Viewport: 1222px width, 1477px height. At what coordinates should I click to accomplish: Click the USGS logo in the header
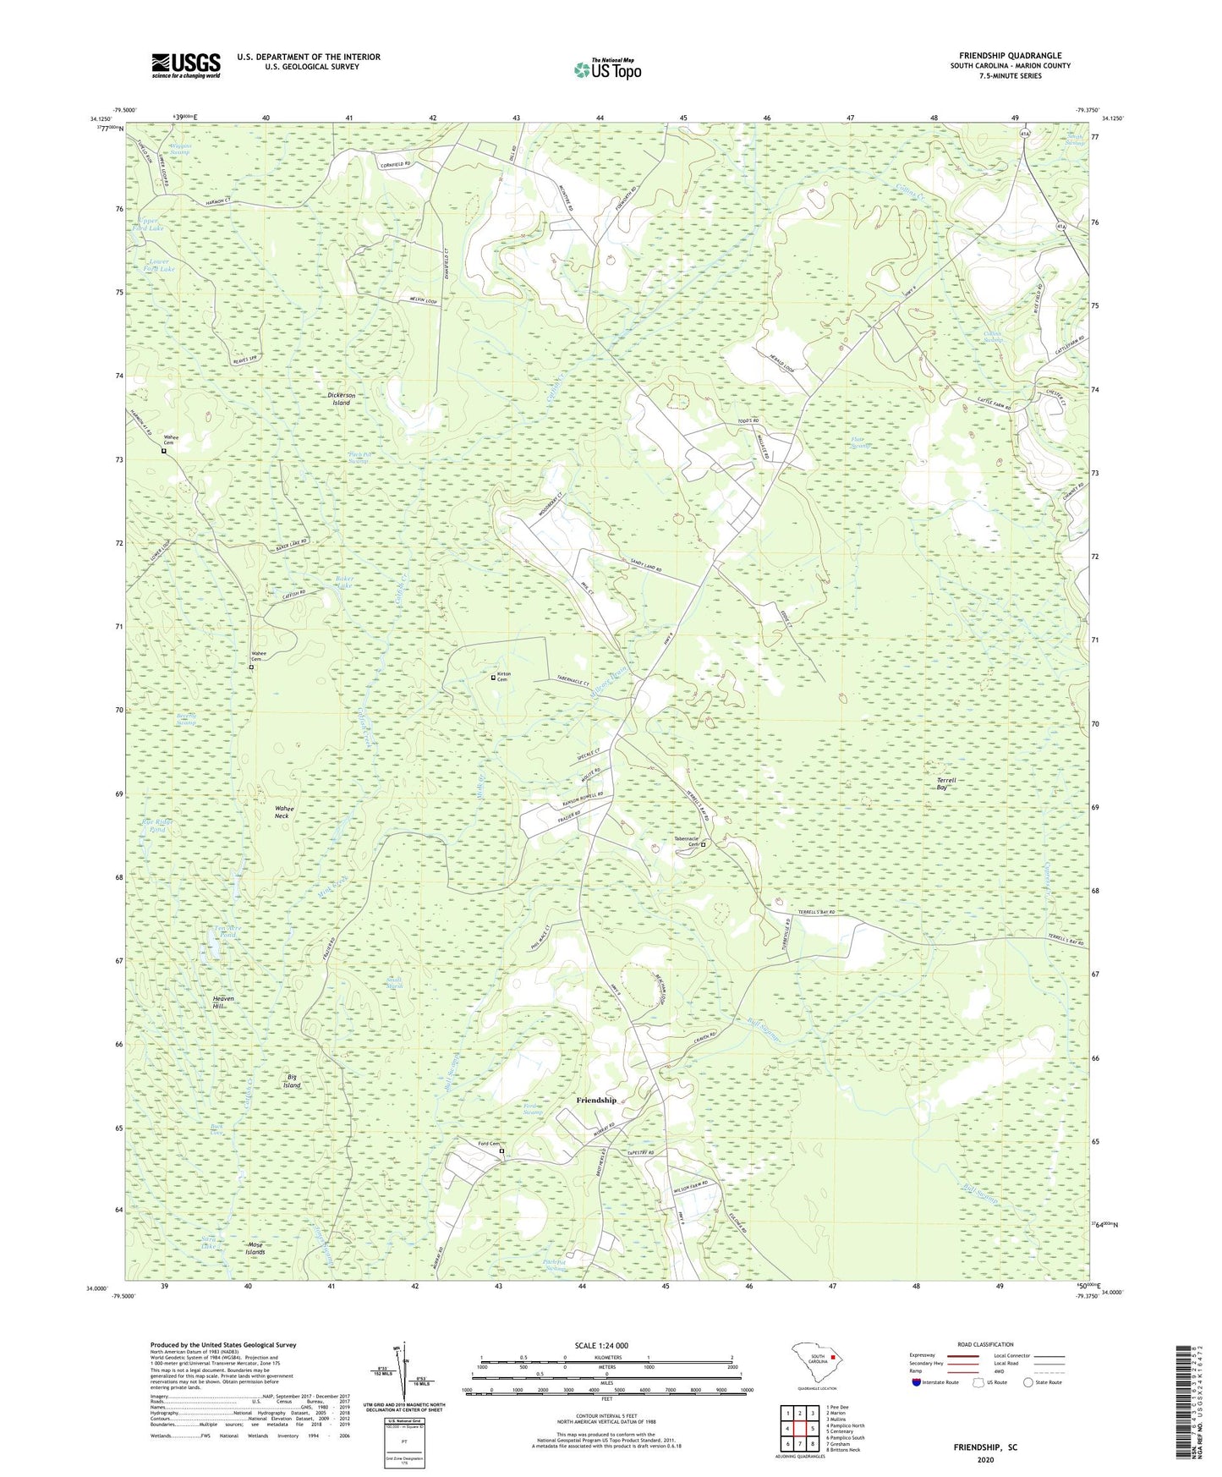(x=186, y=65)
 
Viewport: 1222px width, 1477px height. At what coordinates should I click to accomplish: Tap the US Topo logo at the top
(x=607, y=69)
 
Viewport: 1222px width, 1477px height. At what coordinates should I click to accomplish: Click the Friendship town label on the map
(x=596, y=1100)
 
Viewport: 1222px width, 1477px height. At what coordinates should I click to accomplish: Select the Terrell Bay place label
(x=946, y=783)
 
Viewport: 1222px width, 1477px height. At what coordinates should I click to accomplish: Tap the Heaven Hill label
(x=223, y=1002)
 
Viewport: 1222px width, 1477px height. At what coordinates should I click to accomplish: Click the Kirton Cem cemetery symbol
(x=494, y=678)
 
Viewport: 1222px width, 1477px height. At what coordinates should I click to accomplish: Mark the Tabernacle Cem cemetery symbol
(x=703, y=844)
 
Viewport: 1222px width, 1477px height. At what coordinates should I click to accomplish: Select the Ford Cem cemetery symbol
(x=501, y=1151)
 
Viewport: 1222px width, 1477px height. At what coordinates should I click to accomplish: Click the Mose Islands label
(x=255, y=1249)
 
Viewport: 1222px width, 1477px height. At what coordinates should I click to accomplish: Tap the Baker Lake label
(x=343, y=582)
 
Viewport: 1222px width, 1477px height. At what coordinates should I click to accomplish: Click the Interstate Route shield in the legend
(x=918, y=1382)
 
